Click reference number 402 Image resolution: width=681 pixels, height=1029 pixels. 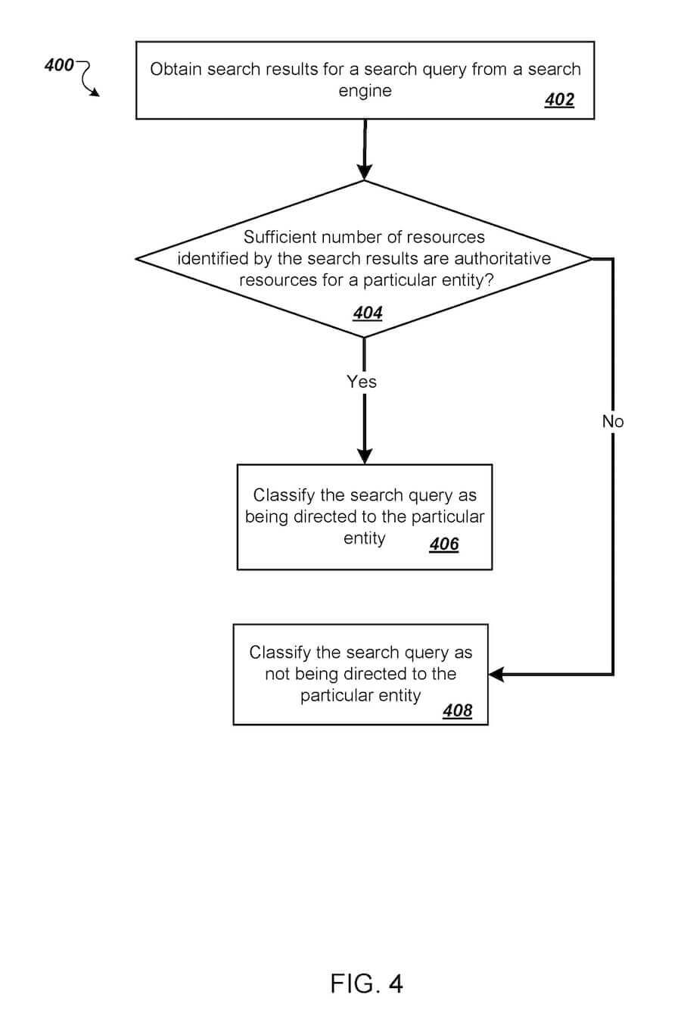click(559, 100)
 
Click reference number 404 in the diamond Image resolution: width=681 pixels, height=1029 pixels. click(368, 313)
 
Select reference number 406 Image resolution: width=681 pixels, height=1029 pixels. click(444, 544)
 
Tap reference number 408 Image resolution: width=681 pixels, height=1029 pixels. click(457, 710)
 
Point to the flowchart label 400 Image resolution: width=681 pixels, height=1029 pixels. click(59, 65)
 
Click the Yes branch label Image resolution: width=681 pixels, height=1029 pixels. click(362, 382)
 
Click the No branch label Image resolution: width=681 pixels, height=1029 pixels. click(613, 422)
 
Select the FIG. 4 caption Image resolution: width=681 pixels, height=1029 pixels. click(367, 984)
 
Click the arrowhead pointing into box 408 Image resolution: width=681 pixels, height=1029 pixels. click(496, 674)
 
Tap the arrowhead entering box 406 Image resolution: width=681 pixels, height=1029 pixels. click(365, 456)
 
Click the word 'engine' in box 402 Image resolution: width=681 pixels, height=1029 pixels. click(365, 91)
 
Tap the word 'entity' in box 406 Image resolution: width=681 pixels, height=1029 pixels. click(364, 538)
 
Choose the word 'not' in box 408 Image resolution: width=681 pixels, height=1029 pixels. click(277, 674)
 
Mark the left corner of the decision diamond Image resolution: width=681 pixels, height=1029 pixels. click(138, 259)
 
